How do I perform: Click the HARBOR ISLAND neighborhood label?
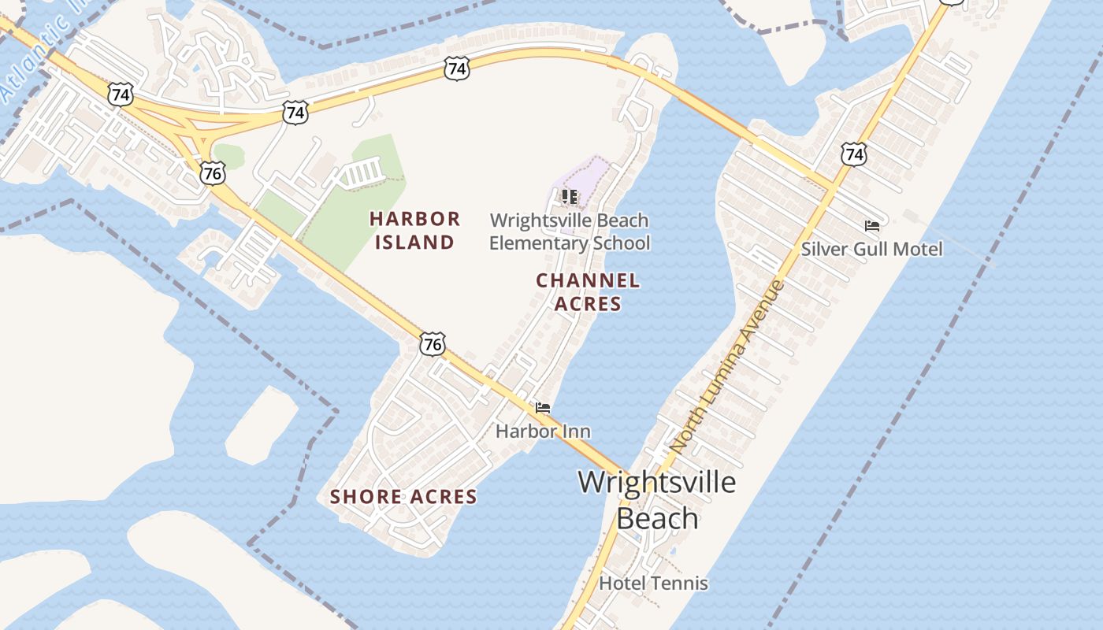(x=414, y=230)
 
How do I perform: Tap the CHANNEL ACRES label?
(x=588, y=292)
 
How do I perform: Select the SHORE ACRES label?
(x=403, y=497)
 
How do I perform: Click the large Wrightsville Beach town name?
(x=656, y=499)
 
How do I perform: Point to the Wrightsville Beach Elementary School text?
(x=570, y=232)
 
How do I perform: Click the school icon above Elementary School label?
(x=570, y=196)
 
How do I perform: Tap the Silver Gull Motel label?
(x=871, y=249)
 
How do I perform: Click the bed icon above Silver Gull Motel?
(x=871, y=226)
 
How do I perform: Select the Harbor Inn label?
(x=543, y=432)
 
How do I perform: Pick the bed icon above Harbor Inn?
(x=543, y=408)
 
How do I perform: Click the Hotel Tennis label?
(x=653, y=584)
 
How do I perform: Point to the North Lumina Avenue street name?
(x=727, y=366)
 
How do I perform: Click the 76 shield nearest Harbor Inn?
(x=433, y=343)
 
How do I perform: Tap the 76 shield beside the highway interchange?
(x=212, y=172)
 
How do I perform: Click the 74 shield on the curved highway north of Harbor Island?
(x=456, y=69)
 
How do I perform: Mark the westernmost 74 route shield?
(x=121, y=95)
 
